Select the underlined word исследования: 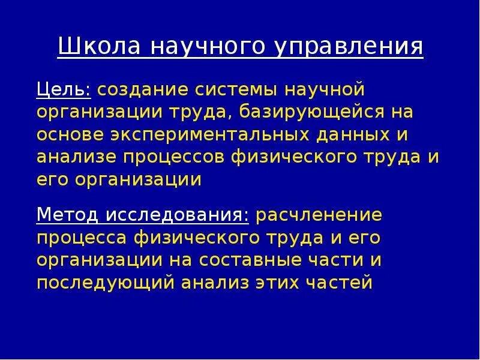click(178, 214)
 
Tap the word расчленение click(319, 214)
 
